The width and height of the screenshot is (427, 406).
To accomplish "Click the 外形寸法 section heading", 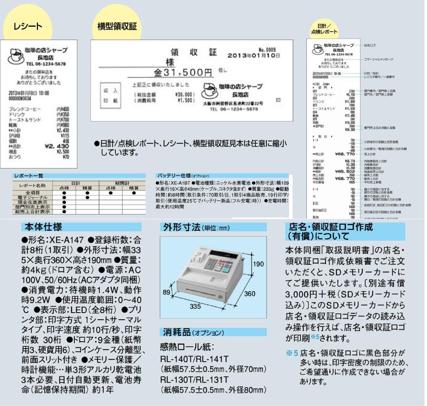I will coord(182,228).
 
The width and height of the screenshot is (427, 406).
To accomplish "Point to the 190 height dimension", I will coord(259,264).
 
